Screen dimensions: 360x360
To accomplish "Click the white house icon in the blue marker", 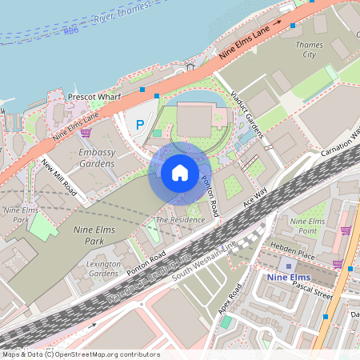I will [180, 173].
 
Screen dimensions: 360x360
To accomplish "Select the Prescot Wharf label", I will [94, 96].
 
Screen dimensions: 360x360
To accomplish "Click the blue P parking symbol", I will [140, 124].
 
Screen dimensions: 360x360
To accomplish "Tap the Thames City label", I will [310, 50].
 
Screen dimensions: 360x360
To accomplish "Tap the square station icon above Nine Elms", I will [287, 265].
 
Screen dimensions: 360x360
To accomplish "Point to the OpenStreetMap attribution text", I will [80, 354].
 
